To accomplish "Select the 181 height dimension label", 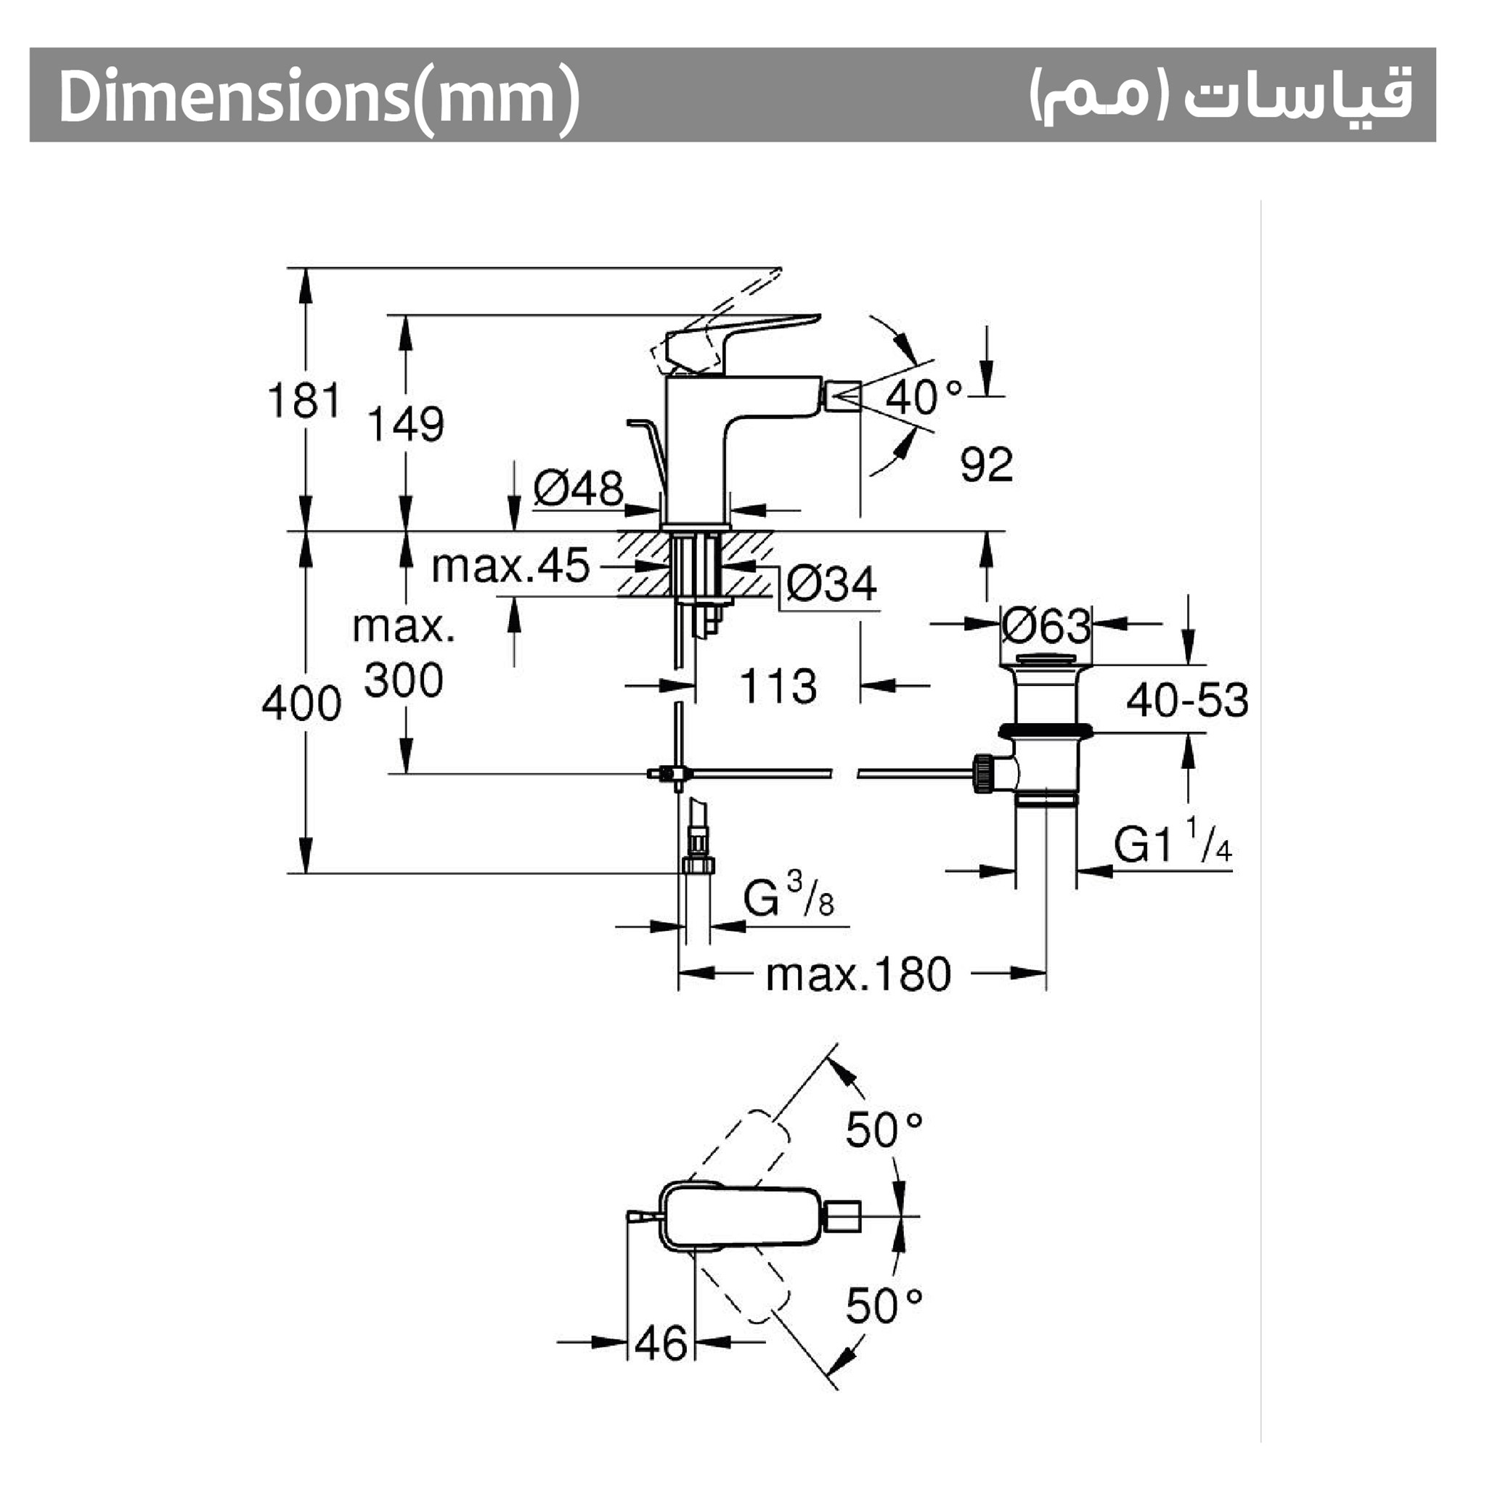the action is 304,401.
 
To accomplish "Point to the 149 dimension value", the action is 406,424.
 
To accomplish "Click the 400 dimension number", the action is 302,704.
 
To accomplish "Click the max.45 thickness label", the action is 510,566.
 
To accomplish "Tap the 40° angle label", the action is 924,397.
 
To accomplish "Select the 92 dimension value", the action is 987,464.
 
